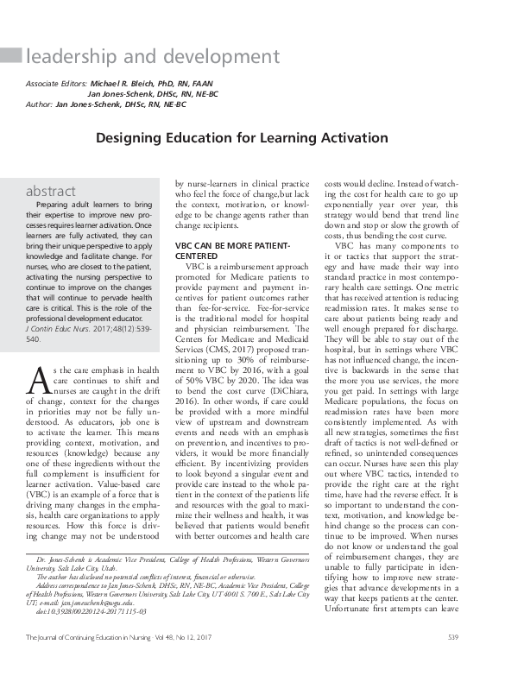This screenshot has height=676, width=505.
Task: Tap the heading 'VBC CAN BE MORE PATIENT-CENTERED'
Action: pos(233,250)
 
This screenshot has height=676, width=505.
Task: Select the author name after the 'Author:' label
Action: pos(122,104)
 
